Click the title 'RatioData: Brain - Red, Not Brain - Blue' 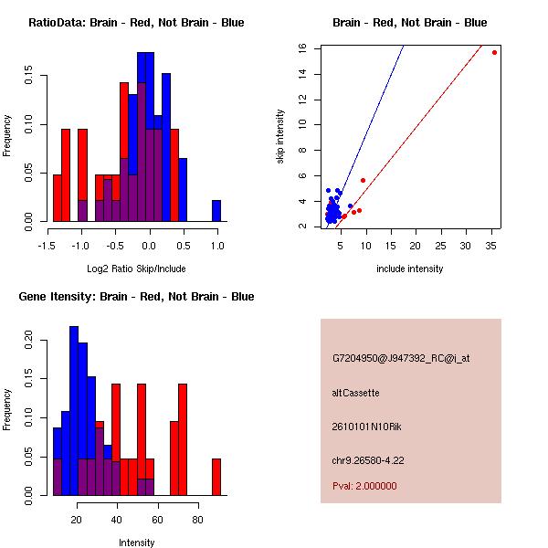tap(136, 23)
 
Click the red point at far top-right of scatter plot tap(494, 52)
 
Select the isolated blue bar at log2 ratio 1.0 tap(216, 211)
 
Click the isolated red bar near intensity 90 tap(216, 476)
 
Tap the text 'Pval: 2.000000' tap(364, 486)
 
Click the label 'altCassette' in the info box tap(355, 393)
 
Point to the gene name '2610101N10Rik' tap(363, 427)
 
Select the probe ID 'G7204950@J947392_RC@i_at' tap(401, 359)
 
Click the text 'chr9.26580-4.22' tap(368, 459)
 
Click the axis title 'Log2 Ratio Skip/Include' tap(134, 269)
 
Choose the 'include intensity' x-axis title tap(410, 269)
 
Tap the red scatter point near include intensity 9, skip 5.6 tap(363, 180)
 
